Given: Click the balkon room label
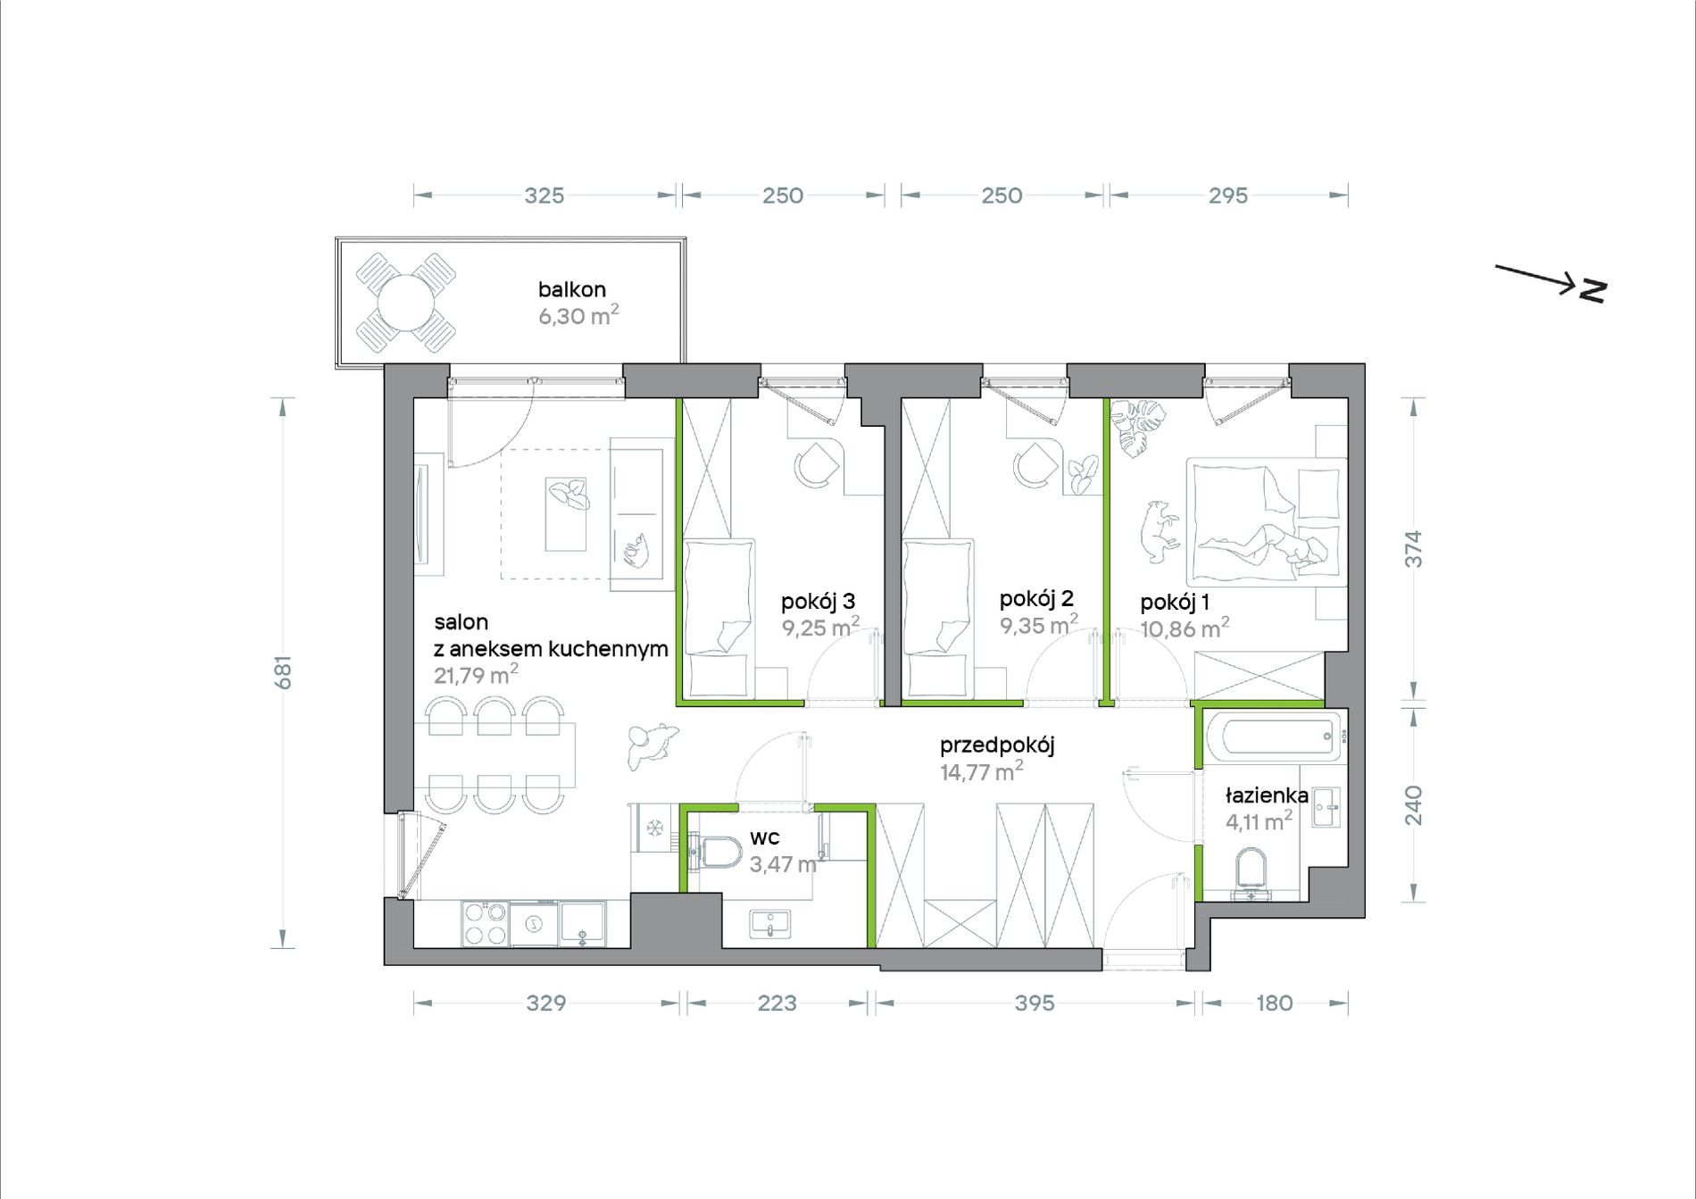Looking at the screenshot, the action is (x=571, y=289).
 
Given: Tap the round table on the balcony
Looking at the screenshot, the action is (x=406, y=303).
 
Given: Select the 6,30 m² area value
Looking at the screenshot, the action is (x=578, y=315).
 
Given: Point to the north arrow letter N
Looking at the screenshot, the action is (x=1592, y=291).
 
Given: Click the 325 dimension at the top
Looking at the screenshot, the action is (x=545, y=196).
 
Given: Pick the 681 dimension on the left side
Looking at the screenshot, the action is (x=283, y=672).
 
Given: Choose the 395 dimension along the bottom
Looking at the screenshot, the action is (x=1035, y=1003).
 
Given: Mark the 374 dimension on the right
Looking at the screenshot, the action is (x=1413, y=549).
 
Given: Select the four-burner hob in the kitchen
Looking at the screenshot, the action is (x=484, y=924).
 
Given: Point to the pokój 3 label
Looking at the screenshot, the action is (x=818, y=601).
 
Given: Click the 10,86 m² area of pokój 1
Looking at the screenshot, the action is (x=1185, y=629).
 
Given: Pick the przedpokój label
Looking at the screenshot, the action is (x=997, y=745).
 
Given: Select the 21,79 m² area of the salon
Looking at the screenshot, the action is (x=476, y=674).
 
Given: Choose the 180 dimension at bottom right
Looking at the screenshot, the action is (x=1274, y=1003).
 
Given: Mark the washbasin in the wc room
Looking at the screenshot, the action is (x=769, y=924).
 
